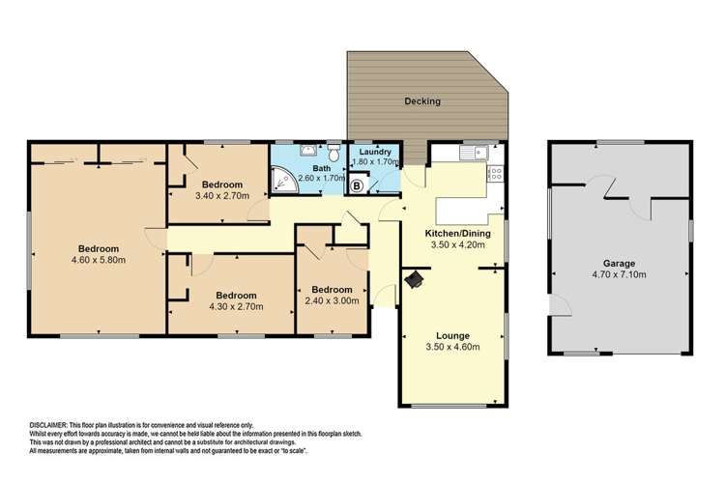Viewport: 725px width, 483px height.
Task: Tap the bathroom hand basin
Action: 308,150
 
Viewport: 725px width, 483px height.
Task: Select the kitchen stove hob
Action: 495,174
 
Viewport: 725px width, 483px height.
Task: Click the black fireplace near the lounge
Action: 415,279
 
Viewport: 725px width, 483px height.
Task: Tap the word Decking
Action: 422,100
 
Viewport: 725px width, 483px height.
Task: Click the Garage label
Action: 618,263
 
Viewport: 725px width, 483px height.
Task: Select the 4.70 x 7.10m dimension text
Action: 618,274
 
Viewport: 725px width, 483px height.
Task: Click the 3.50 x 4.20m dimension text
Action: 453,245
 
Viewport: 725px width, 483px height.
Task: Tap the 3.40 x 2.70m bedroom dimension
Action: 221,196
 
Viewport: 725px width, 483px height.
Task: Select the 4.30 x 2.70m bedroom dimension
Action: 235,307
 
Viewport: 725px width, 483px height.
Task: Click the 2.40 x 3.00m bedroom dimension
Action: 332,300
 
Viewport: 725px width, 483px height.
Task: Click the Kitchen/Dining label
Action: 453,234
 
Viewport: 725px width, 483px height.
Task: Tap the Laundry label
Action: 374,152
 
